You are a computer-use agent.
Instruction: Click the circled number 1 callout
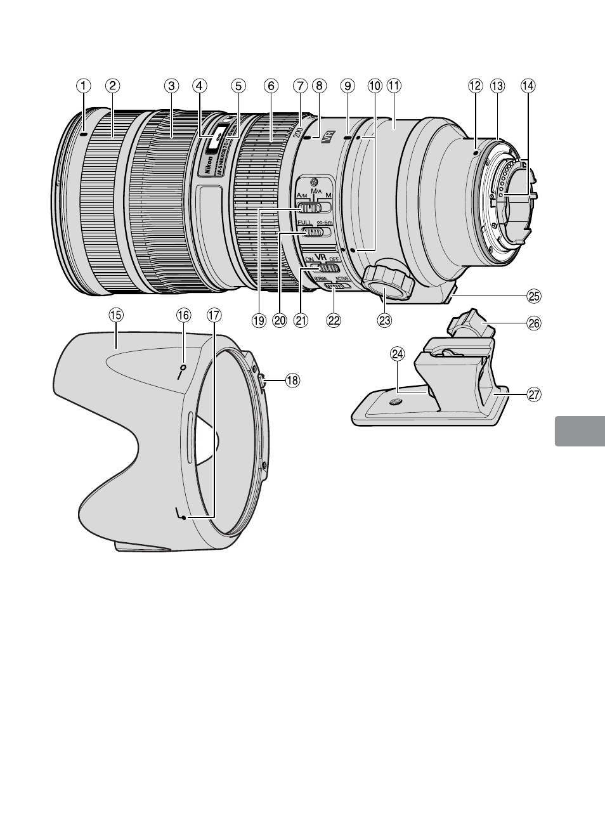pos(83,85)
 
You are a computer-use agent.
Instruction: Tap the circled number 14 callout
pos(528,85)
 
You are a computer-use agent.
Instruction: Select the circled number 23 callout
pos(384,321)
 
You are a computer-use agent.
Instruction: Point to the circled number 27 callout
pos(534,394)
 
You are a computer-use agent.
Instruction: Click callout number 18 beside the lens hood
pos(292,380)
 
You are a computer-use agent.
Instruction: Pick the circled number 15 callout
pos(116,315)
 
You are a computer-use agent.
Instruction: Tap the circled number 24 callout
pos(398,355)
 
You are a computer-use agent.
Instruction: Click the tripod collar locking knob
pos(388,279)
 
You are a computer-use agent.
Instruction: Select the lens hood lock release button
pos(263,380)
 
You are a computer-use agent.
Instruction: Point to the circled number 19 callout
pos(258,321)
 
